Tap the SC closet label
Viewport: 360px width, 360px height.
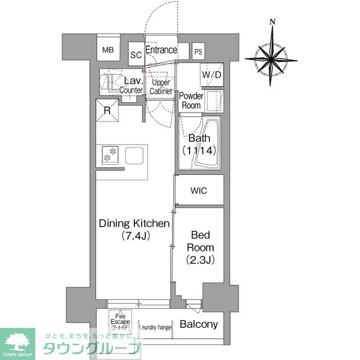pyautogui.click(x=136, y=55)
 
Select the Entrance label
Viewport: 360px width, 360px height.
pyautogui.click(x=161, y=50)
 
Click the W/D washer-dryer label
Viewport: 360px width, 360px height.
pyautogui.click(x=212, y=74)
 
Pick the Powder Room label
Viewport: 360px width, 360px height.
pyautogui.click(x=191, y=100)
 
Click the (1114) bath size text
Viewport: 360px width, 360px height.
pyautogui.click(x=199, y=150)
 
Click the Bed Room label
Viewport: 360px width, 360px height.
pyautogui.click(x=199, y=240)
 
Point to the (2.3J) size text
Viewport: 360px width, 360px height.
pyautogui.click(x=199, y=260)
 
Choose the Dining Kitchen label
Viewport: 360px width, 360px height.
pyautogui.click(x=134, y=224)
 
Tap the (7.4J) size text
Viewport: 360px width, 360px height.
pyautogui.click(x=134, y=237)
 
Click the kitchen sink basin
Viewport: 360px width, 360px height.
pyautogui.click(x=135, y=155)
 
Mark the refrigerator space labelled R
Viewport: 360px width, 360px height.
pyautogui.click(x=107, y=110)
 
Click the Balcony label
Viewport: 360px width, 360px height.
pyautogui.click(x=199, y=325)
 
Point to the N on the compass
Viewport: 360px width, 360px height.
pyautogui.click(x=272, y=22)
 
